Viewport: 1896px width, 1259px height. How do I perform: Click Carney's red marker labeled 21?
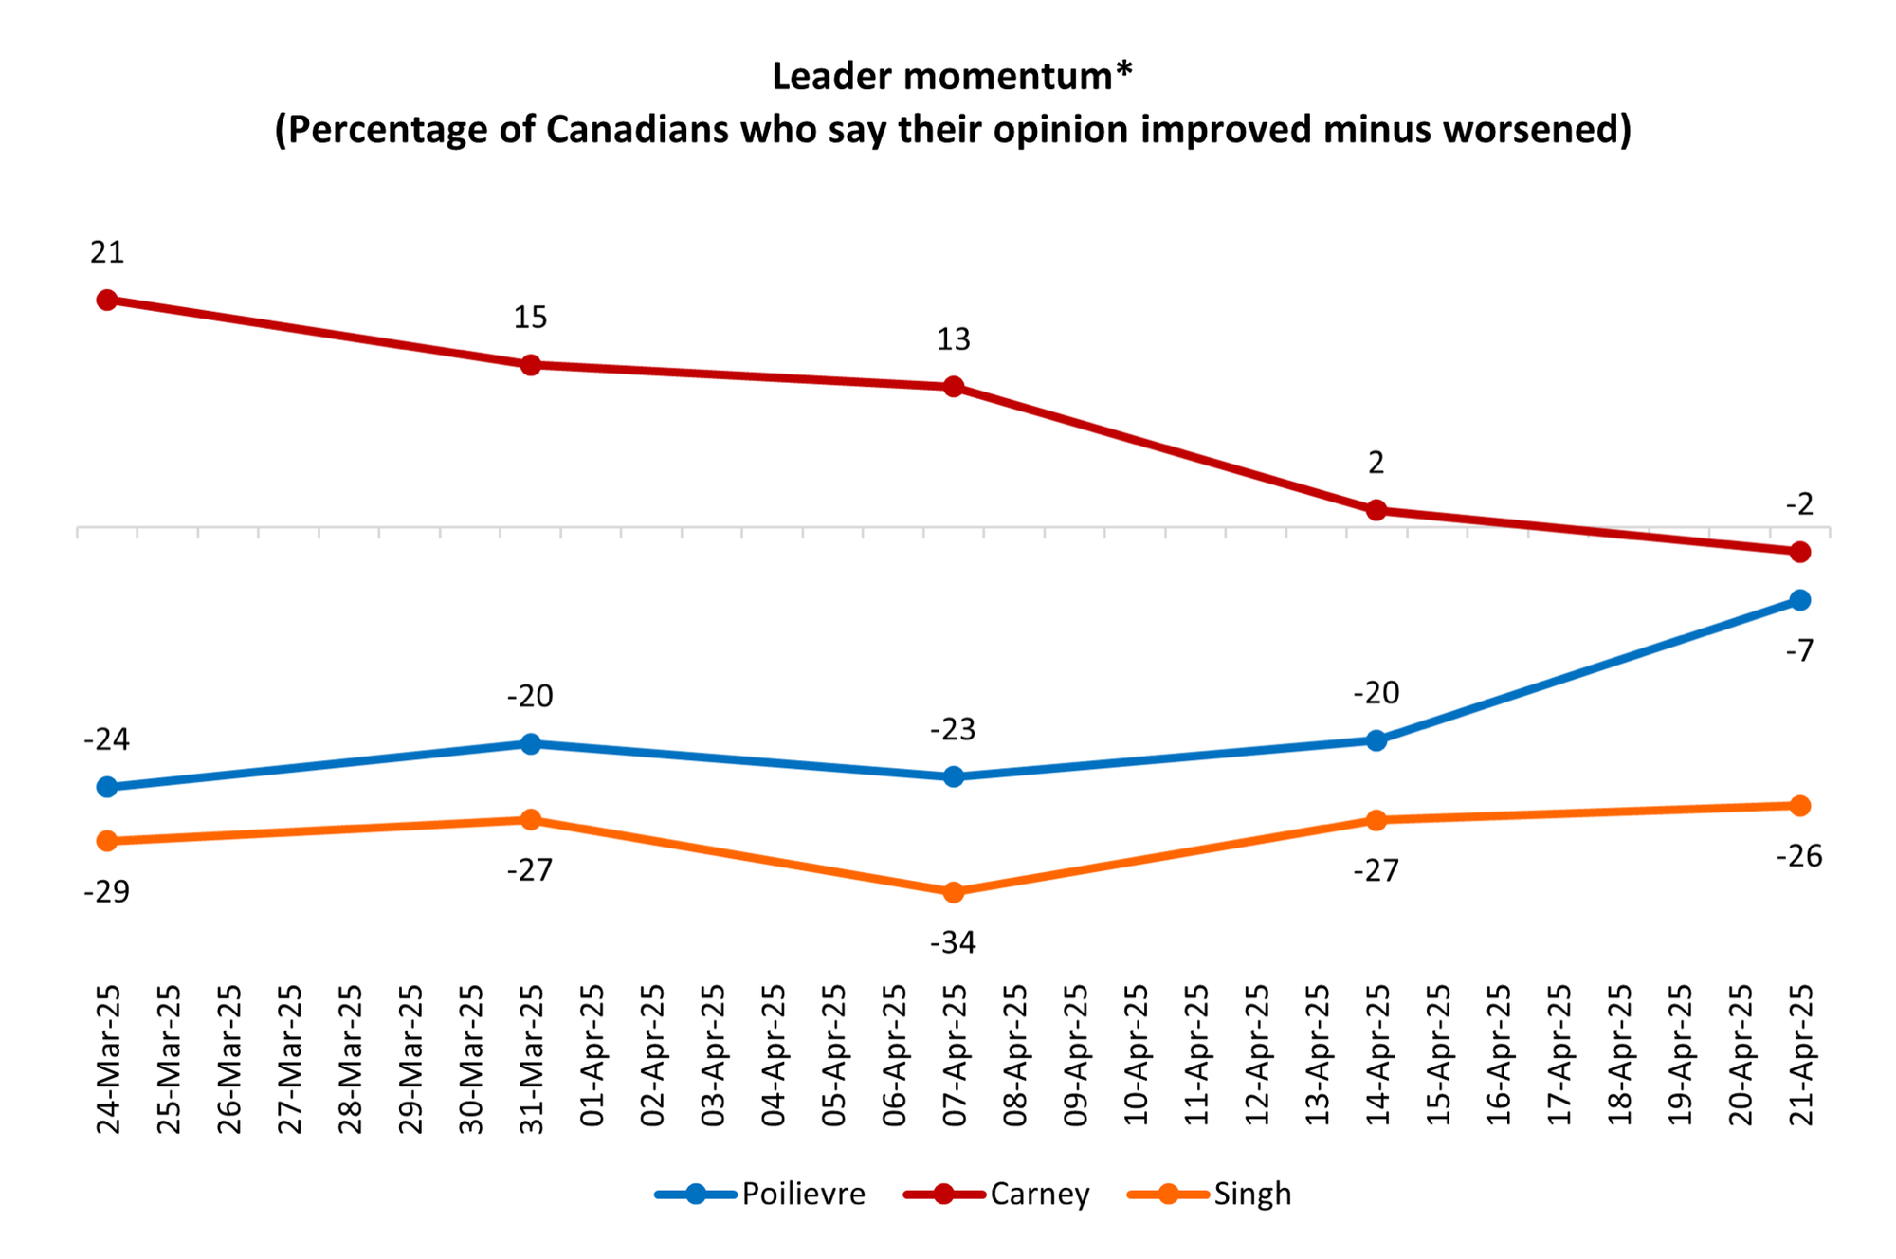[x=107, y=301]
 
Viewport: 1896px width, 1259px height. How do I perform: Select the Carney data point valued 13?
[x=954, y=387]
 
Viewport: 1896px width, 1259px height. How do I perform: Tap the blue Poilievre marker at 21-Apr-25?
[x=1799, y=600]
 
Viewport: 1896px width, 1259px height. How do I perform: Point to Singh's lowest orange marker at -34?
[x=954, y=892]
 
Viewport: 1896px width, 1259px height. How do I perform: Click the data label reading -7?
[x=1799, y=651]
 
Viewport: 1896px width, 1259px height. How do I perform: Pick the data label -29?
[x=106, y=893]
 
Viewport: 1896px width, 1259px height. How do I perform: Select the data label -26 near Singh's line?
[x=1798, y=857]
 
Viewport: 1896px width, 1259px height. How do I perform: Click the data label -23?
[x=953, y=730]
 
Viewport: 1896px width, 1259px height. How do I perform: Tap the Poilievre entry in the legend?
[x=802, y=1194]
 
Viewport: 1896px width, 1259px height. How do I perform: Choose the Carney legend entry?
[x=1039, y=1194]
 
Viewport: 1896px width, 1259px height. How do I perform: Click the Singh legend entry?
[x=1251, y=1194]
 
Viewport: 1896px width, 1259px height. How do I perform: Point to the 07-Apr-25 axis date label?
[x=955, y=1054]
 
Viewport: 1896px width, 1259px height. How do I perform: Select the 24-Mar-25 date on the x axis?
[x=108, y=1059]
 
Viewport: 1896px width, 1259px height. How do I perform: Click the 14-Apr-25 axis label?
[x=1377, y=1054]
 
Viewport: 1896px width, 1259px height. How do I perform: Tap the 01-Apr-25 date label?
[x=592, y=1054]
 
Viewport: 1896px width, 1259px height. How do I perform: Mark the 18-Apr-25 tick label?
[x=1619, y=1054]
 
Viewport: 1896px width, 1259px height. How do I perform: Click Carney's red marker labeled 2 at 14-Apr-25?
[x=1376, y=510]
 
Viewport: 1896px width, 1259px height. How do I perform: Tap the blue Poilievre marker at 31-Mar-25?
[x=531, y=743]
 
